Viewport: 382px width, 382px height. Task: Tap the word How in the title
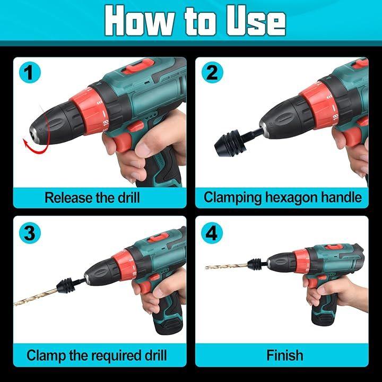click(x=140, y=21)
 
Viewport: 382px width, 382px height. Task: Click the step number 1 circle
click(x=30, y=72)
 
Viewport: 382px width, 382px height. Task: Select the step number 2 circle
click(x=212, y=72)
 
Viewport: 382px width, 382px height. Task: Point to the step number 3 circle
click(x=30, y=233)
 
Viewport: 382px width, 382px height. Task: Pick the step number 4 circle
click(x=212, y=233)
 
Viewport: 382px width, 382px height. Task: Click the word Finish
click(x=285, y=355)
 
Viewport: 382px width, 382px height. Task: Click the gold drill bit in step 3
click(x=37, y=296)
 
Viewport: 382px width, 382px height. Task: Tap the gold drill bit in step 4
click(x=227, y=266)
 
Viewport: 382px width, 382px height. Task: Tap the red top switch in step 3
click(x=159, y=237)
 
